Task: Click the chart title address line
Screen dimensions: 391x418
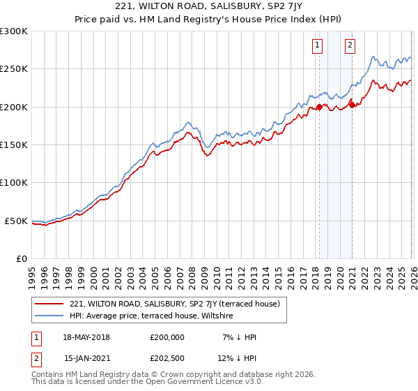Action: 208,7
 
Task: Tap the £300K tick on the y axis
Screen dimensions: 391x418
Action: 14,31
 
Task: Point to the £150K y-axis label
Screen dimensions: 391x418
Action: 14,145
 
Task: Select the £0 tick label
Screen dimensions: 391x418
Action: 21,258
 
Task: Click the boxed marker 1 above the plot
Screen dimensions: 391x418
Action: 318,45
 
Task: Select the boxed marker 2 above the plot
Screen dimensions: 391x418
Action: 350,45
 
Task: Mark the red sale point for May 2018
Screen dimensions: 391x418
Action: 319,107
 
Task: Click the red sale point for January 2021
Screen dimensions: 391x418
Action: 352,105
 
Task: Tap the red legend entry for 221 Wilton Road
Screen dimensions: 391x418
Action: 174,304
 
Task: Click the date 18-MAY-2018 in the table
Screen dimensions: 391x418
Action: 86,337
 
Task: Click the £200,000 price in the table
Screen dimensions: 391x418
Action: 167,337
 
